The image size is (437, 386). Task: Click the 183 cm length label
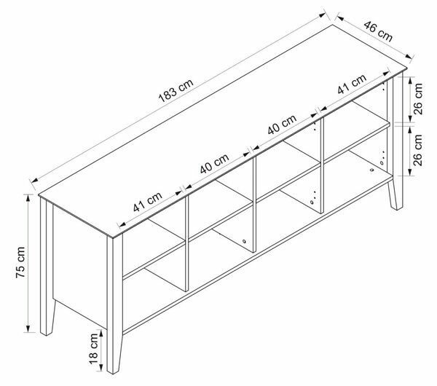point(176,90)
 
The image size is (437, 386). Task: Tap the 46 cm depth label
point(378,31)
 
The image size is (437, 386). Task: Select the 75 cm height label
point(20,262)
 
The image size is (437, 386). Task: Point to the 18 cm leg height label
point(93,349)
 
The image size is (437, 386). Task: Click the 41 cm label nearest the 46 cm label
point(352,84)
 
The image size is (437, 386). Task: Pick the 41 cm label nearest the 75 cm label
point(147,202)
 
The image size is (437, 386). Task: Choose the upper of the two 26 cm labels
point(418,98)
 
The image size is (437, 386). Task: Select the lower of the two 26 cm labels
point(418,150)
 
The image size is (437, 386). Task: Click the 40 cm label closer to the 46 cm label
point(282,125)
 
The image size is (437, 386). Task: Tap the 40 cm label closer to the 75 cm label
point(215,163)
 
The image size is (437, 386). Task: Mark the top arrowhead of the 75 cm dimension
point(28,197)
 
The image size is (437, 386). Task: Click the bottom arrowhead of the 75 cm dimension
point(28,329)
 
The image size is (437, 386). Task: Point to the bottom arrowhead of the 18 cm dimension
point(101,368)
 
